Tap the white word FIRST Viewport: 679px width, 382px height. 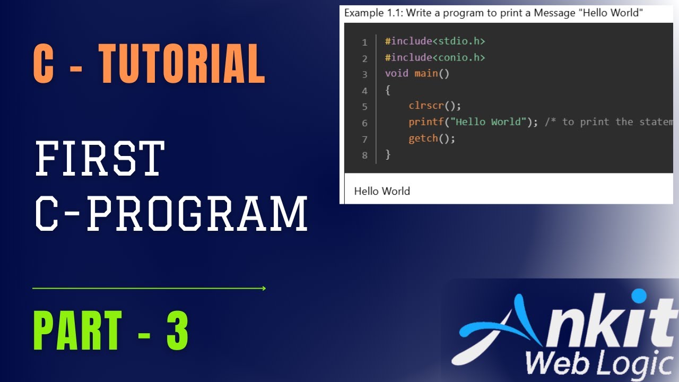(100, 158)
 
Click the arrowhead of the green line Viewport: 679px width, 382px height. (264, 289)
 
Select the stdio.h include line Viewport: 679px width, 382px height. (435, 41)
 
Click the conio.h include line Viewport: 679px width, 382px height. (435, 57)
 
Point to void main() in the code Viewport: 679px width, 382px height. (417, 73)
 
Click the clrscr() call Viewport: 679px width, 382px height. (431, 106)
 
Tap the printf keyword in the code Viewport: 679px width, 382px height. (426, 122)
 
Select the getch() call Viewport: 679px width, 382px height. (431, 138)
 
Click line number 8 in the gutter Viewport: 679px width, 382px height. (364, 155)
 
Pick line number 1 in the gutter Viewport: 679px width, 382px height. (364, 42)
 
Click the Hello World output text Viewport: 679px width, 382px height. (382, 191)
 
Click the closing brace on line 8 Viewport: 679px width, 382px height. (388, 154)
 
